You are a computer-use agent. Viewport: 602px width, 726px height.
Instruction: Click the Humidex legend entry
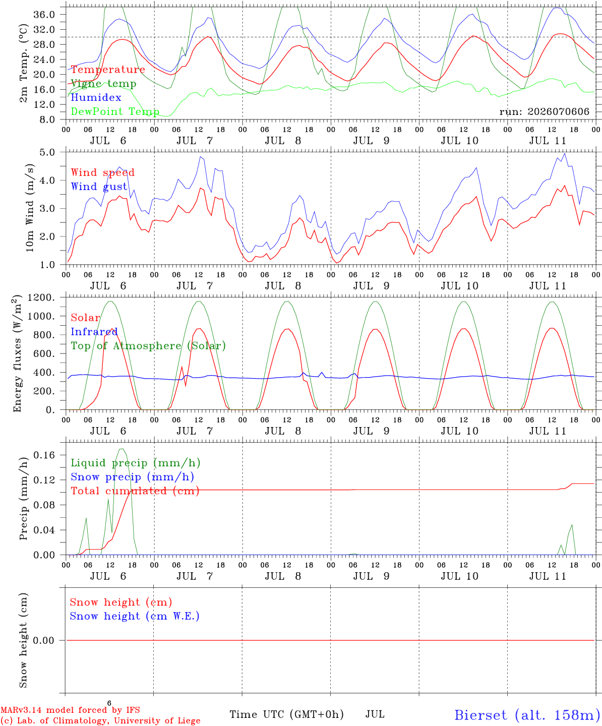[96, 97]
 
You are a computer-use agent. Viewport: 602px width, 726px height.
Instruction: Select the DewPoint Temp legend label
[115, 111]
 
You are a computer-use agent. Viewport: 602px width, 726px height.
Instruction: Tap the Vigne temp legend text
[104, 84]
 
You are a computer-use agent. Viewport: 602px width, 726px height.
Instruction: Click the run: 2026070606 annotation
[544, 111]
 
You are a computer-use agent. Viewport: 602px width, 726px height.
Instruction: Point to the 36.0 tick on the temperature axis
[44, 15]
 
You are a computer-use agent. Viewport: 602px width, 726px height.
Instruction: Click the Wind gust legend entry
[99, 187]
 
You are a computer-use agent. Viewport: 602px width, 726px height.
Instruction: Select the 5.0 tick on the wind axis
[47, 152]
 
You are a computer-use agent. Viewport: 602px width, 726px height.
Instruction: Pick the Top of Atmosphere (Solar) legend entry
[149, 346]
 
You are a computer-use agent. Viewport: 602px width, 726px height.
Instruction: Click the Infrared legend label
[94, 332]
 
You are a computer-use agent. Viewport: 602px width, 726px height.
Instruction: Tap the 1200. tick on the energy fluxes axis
[41, 297]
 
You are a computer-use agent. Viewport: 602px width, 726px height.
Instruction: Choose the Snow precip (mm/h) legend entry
[133, 477]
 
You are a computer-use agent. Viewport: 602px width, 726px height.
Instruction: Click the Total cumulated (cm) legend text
[135, 491]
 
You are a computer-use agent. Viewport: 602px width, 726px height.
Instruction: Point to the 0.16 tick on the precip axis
[44, 455]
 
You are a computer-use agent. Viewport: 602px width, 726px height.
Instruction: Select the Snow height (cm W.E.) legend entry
[135, 616]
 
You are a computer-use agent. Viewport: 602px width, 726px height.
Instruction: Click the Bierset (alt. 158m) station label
[528, 715]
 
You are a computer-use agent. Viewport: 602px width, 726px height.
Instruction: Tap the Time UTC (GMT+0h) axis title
[286, 714]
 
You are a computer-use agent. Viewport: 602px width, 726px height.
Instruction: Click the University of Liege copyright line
[100, 721]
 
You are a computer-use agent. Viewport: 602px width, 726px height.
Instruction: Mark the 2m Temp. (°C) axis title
[23, 64]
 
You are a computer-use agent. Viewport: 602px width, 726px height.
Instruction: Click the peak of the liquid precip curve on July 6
[122, 449]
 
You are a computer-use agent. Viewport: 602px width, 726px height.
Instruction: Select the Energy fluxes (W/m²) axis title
[17, 353]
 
